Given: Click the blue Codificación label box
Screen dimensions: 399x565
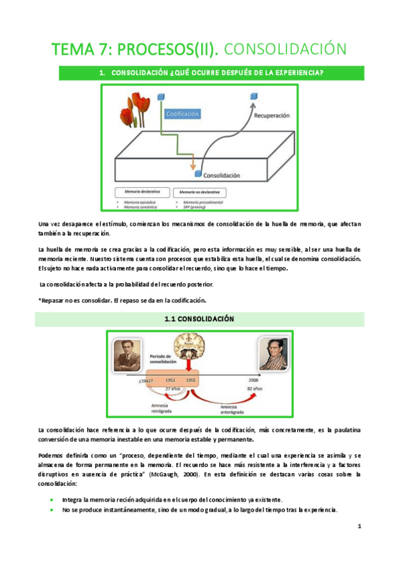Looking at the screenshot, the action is coord(182,114).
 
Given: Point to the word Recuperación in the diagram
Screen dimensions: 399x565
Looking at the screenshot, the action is coord(272,115).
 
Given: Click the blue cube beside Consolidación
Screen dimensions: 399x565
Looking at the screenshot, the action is coord(198,175).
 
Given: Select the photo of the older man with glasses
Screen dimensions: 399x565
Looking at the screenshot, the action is coord(274,353).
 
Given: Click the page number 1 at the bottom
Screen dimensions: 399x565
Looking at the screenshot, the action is coord(358,526).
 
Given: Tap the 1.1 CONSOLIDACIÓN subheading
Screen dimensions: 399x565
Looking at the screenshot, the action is coord(199,319).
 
